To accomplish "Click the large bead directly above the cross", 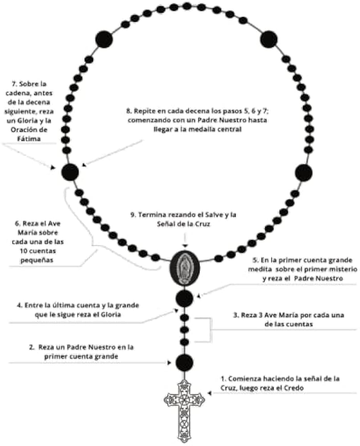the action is point(184,363).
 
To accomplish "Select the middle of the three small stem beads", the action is point(184,330).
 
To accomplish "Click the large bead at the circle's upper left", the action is point(104,39).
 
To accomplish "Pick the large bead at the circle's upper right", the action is point(269,39).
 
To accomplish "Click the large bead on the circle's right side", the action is point(304,173).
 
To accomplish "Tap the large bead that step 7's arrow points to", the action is point(70,173).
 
